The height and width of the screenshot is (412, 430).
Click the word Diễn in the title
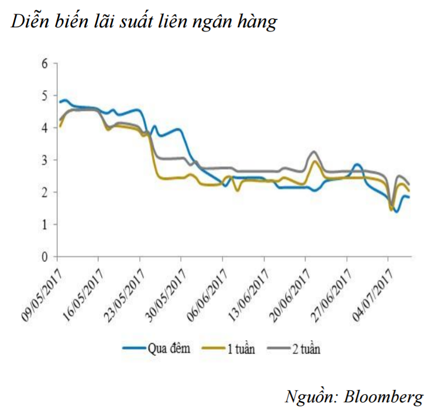pos(29,22)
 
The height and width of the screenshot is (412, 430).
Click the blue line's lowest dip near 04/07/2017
pos(396,211)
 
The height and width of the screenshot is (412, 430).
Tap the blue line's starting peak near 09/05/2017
pos(65,101)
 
